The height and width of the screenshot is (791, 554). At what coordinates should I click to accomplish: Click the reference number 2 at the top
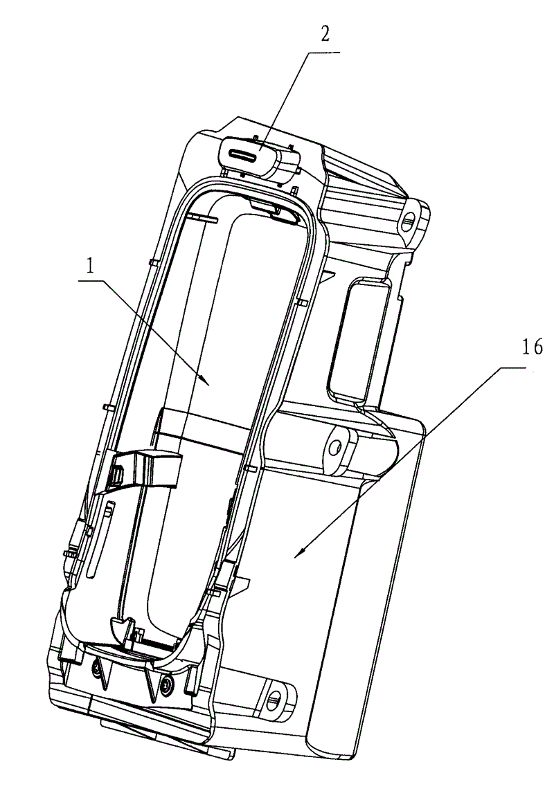point(325,35)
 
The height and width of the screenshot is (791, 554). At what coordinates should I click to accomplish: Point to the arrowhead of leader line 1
point(206,383)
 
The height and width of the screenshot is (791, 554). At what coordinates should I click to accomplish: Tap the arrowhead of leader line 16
point(299,554)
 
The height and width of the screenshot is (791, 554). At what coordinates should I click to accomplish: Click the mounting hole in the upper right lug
point(409,219)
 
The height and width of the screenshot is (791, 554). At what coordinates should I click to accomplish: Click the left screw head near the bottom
point(96,669)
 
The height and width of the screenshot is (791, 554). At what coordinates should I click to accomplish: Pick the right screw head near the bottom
point(166,684)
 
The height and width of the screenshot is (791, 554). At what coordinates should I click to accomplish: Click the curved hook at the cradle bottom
point(120,630)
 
